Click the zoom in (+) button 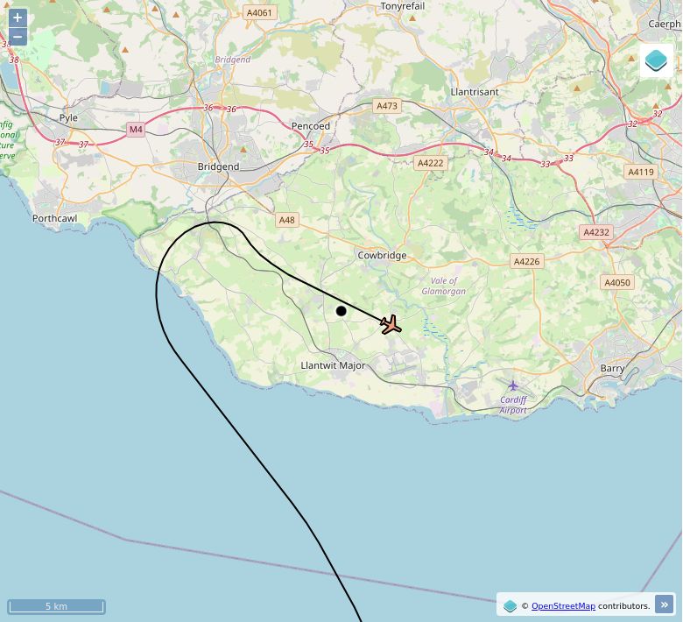(x=18, y=18)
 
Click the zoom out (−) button (x=18, y=37)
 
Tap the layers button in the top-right (x=656, y=60)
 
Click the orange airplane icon (x=391, y=325)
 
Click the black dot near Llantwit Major (x=341, y=311)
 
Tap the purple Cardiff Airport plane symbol (x=513, y=385)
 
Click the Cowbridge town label (x=382, y=256)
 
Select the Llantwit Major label (x=333, y=365)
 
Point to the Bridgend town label (x=218, y=166)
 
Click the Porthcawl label (x=54, y=218)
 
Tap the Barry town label (x=612, y=369)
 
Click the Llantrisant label (x=474, y=92)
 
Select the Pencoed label (x=311, y=126)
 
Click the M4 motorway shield (x=135, y=130)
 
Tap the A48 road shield (x=286, y=220)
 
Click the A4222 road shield (x=431, y=163)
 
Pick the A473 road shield (x=386, y=106)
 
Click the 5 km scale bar (x=56, y=606)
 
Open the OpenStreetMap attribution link (x=563, y=605)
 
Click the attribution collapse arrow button (x=665, y=604)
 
